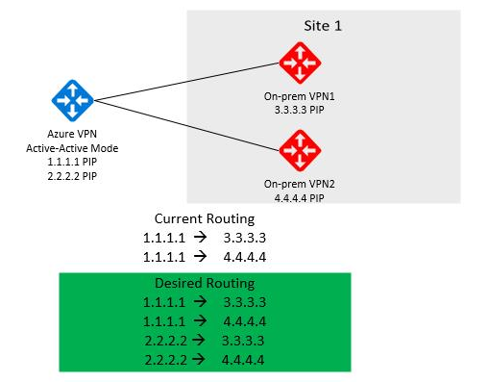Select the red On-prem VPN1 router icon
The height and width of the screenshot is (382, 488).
299,63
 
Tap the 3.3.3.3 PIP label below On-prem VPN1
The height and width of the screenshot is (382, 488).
299,112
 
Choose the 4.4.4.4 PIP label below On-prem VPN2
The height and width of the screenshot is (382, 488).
299,196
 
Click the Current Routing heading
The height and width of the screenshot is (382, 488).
204,220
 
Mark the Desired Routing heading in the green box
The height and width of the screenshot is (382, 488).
204,284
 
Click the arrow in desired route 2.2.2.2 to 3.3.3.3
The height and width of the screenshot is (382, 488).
199,340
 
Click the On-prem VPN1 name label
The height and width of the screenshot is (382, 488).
299,97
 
